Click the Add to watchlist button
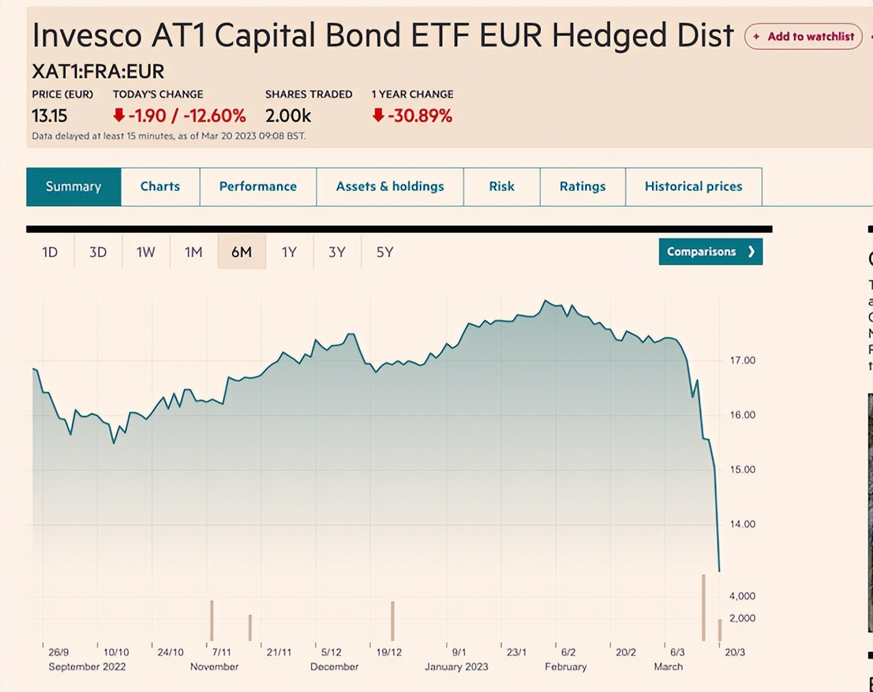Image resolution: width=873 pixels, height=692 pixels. pyautogui.click(x=803, y=37)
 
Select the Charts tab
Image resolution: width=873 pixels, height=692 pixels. pyautogui.click(x=160, y=186)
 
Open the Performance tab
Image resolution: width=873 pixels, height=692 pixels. pyautogui.click(x=258, y=186)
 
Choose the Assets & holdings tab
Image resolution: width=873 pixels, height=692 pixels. pyautogui.click(x=389, y=186)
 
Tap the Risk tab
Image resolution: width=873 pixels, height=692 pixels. pyautogui.click(x=501, y=186)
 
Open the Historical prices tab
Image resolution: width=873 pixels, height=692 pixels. pyautogui.click(x=693, y=186)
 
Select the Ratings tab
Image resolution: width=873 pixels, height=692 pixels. pyautogui.click(x=582, y=186)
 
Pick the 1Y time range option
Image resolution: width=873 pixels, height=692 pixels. pyautogui.click(x=289, y=253)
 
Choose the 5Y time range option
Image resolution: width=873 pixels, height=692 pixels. pyautogui.click(x=385, y=253)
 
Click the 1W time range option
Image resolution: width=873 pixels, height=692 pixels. pyautogui.click(x=146, y=253)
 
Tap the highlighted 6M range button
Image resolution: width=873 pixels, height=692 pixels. pyautogui.click(x=241, y=253)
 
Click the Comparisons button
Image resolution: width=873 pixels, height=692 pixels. pyautogui.click(x=710, y=252)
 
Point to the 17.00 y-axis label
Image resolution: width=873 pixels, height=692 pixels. pyautogui.click(x=743, y=360)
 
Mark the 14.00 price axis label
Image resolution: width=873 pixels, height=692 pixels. pyautogui.click(x=743, y=524)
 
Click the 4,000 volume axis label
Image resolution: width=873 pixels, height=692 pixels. pyautogui.click(x=742, y=596)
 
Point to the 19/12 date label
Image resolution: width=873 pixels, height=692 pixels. pyautogui.click(x=389, y=652)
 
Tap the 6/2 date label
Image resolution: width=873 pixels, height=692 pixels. pyautogui.click(x=568, y=652)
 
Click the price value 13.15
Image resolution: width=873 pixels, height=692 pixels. pyautogui.click(x=50, y=116)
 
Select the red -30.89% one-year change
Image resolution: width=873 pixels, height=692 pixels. pyautogui.click(x=413, y=116)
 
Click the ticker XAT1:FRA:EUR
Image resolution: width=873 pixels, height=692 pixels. pyautogui.click(x=98, y=72)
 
